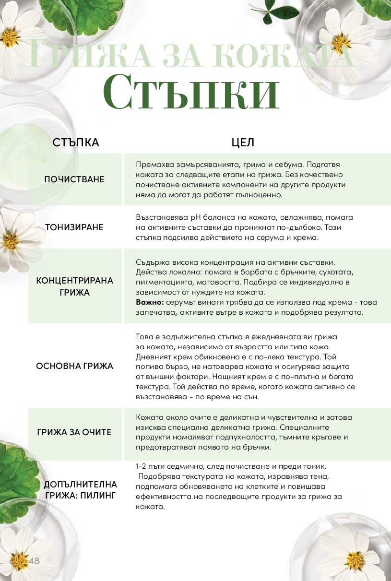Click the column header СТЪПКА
76,142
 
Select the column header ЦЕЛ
243,142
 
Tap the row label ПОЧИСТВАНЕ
74,179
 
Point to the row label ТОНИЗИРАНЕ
74,227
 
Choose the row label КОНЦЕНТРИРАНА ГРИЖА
75,286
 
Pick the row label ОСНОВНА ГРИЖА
75,366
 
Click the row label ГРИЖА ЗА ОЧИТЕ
74,432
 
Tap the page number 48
34,561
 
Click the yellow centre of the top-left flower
10,36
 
